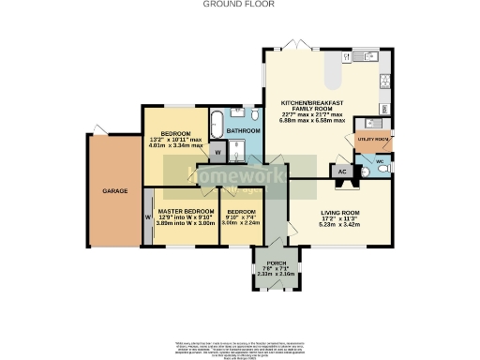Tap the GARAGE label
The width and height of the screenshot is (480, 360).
(x=115, y=190)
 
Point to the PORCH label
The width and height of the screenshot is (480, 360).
(x=276, y=263)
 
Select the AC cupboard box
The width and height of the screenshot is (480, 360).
(x=343, y=172)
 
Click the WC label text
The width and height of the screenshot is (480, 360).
(x=379, y=160)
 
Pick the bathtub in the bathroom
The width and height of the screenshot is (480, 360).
(x=214, y=122)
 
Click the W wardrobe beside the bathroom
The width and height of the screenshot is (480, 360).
(x=217, y=150)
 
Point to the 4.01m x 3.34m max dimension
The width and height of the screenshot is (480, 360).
(x=174, y=146)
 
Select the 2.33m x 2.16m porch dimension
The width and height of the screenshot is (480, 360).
(x=276, y=275)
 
